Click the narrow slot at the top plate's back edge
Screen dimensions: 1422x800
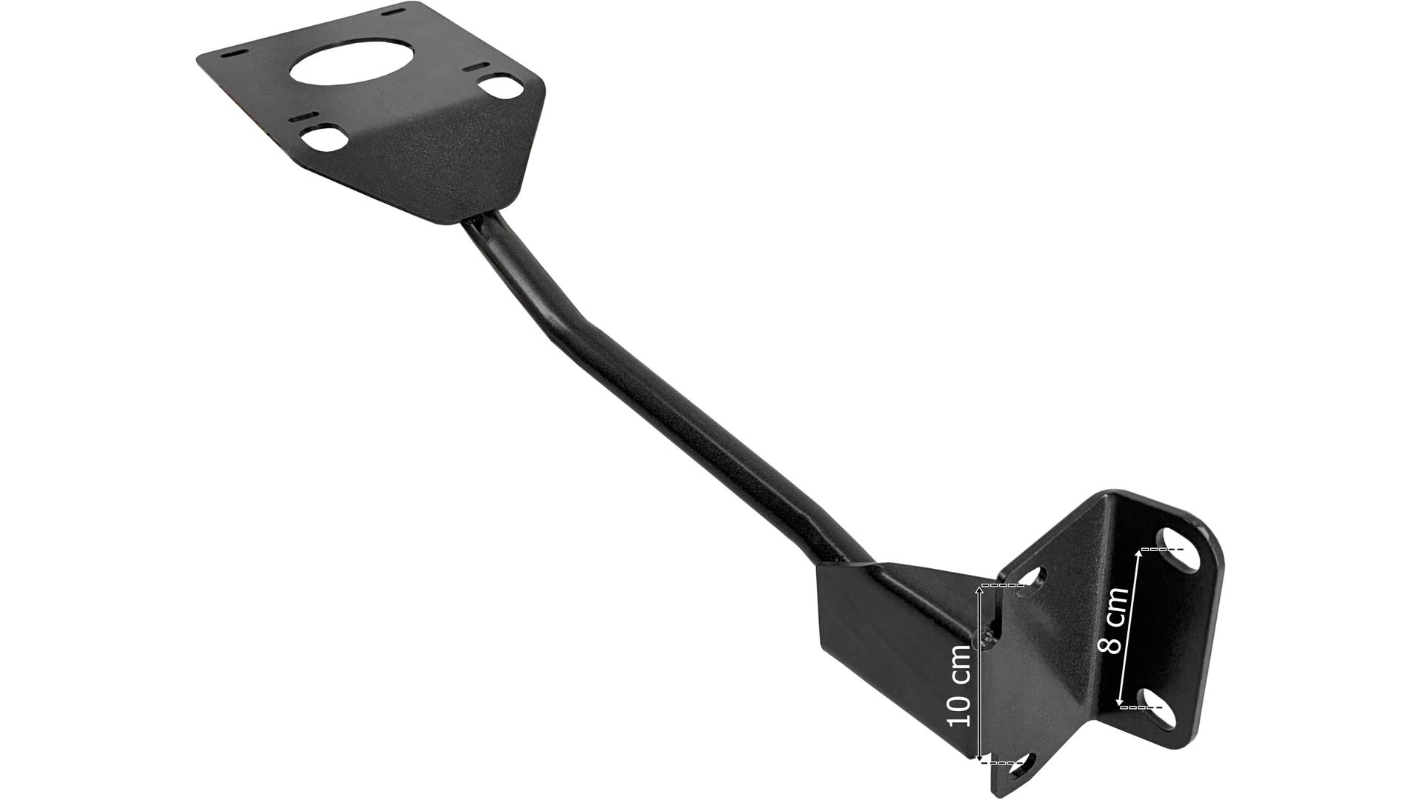396,10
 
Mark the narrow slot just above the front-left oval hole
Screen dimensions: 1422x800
304,118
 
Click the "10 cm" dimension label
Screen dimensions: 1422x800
960,685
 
